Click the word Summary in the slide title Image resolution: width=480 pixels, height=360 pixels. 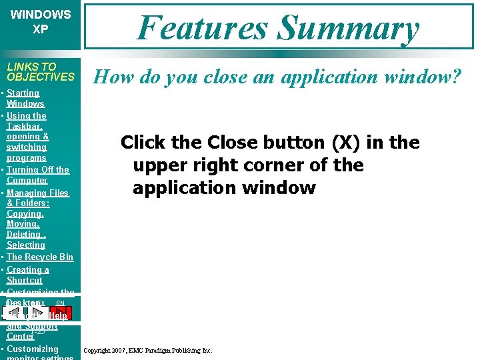pyautogui.click(x=349, y=28)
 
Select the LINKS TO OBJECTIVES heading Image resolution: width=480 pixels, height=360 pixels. pyautogui.click(x=40, y=71)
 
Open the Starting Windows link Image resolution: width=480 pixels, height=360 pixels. pyautogui.click(x=25, y=98)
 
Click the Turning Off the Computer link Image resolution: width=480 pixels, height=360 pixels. pyautogui.click(x=37, y=175)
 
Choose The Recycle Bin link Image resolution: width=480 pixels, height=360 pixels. pyautogui.click(x=39, y=257)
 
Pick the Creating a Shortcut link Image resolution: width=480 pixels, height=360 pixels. pyautogui.click(x=27, y=275)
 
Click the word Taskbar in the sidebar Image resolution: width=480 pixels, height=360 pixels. pyautogui.click(x=25, y=126)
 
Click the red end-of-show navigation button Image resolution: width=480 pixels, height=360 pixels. pyautogui.click(x=61, y=312)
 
